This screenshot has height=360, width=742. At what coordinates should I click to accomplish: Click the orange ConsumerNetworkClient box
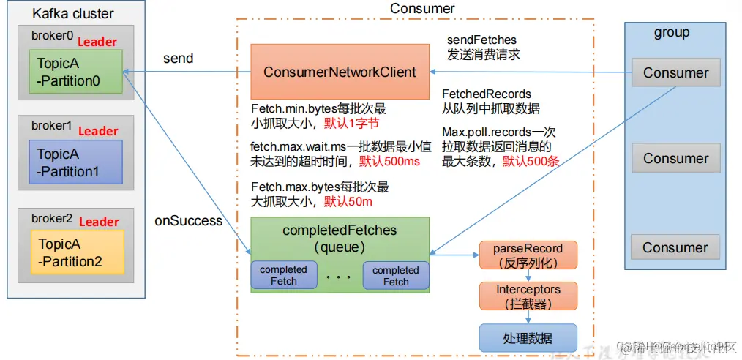(x=340, y=72)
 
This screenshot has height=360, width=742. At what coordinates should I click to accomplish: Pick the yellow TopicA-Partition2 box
(x=70, y=252)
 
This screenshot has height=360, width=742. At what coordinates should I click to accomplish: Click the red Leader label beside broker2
(x=99, y=222)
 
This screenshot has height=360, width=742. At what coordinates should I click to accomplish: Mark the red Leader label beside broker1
(x=98, y=131)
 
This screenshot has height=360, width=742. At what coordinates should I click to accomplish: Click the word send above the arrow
(x=178, y=58)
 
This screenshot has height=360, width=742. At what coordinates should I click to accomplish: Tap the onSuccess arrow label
(x=188, y=220)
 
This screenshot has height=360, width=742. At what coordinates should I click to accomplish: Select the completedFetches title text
(x=340, y=230)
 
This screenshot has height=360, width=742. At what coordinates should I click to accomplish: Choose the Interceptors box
(x=528, y=296)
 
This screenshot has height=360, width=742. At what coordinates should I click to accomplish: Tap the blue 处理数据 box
(x=528, y=337)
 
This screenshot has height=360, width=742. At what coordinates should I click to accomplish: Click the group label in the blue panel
(x=671, y=33)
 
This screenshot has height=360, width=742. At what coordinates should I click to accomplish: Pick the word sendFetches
(x=481, y=39)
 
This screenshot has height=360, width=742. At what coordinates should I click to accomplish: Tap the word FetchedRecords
(x=486, y=94)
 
